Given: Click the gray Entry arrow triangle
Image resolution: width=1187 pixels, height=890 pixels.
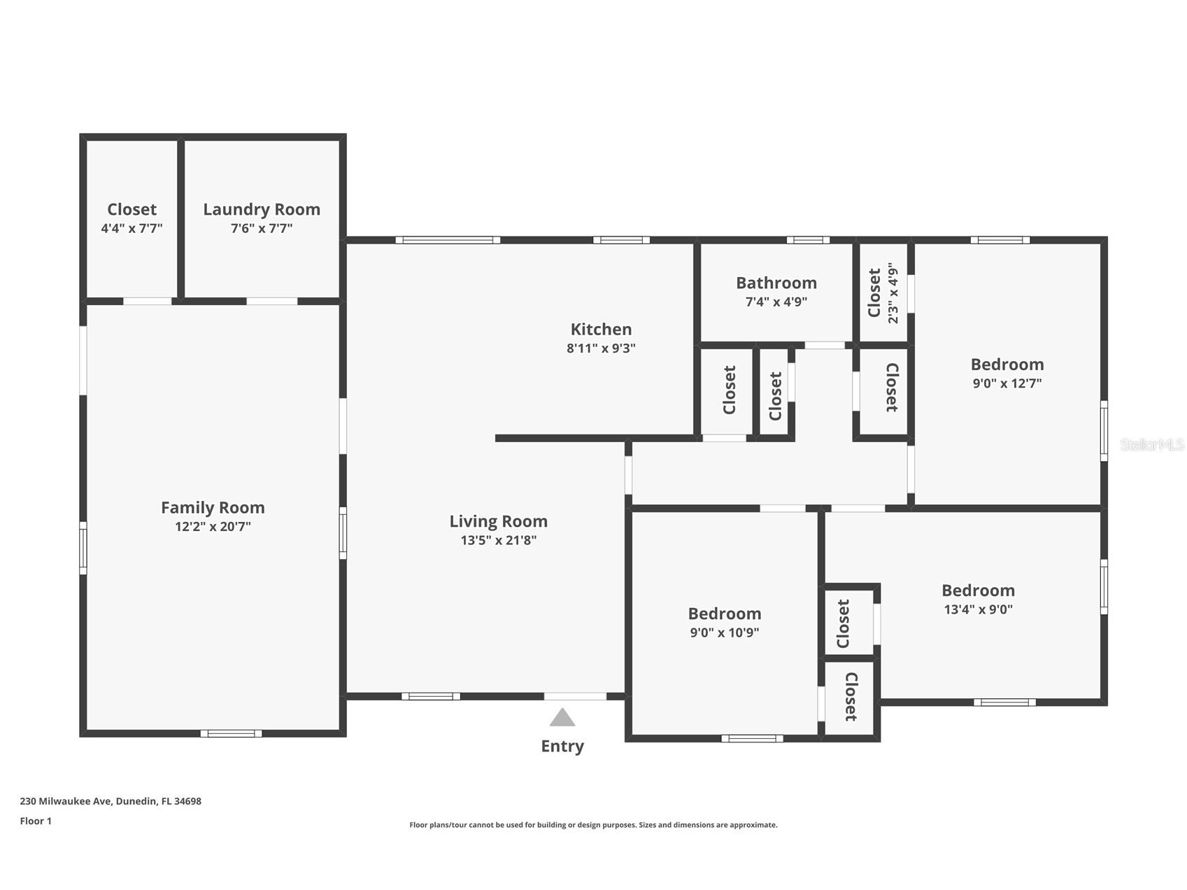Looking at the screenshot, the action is [562, 717].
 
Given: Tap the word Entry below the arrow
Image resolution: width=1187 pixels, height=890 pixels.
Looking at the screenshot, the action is [562, 747].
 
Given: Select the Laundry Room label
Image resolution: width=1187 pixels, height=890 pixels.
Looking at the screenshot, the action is [262, 209].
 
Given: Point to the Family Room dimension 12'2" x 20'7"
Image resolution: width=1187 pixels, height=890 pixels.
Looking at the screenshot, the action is [213, 526].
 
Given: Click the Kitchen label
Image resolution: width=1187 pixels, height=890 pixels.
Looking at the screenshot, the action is [601, 329].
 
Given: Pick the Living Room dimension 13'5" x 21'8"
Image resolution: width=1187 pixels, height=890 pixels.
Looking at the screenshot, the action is [499, 540].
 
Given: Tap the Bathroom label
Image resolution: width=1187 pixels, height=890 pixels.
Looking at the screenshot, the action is [776, 283].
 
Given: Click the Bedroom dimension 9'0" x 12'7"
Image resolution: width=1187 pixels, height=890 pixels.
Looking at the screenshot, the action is [1007, 383].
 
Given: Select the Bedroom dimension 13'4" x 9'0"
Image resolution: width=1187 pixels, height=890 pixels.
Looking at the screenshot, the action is [978, 609].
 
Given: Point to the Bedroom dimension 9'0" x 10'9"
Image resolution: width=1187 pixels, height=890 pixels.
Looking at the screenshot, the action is [725, 633].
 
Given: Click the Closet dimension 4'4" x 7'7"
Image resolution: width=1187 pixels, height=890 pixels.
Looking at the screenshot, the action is [132, 228].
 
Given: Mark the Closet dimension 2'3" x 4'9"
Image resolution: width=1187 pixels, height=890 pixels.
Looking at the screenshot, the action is [893, 293].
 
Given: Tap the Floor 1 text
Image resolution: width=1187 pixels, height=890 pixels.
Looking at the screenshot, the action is [36, 821].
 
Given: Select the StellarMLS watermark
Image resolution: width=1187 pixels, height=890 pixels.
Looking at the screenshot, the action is [1151, 444].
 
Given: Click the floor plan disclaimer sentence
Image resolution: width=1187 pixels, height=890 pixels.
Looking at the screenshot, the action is [593, 825].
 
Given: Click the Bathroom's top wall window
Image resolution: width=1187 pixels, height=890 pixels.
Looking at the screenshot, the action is [808, 240].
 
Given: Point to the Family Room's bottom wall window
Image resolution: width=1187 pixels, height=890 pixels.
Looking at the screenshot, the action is [232, 733].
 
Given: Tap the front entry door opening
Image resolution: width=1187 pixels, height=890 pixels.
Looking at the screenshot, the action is [575, 696].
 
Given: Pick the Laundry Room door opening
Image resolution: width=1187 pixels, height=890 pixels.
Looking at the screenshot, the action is [272, 302].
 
